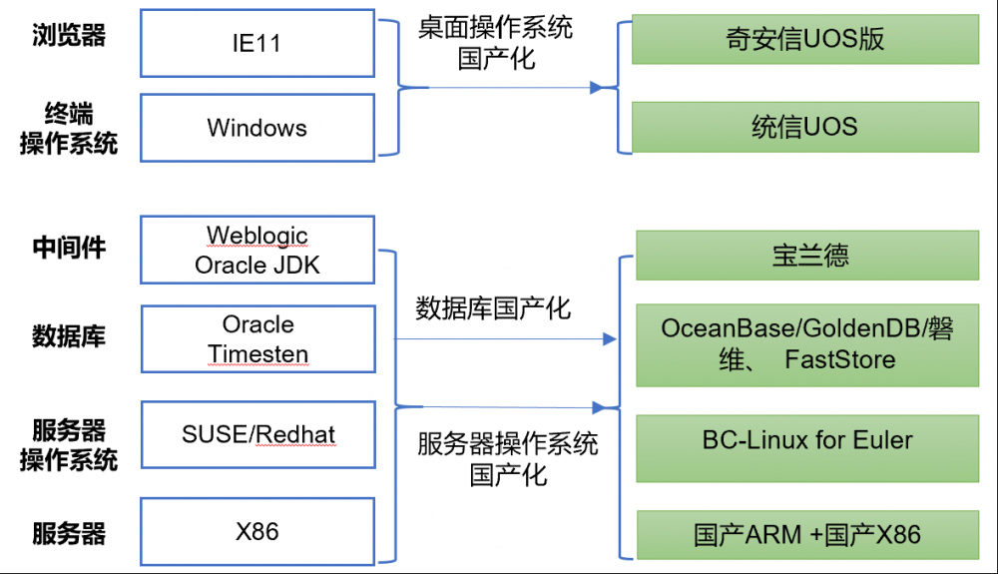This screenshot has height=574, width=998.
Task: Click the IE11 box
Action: click(257, 43)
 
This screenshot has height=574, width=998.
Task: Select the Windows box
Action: click(257, 128)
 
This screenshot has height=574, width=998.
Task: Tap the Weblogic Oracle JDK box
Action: click(257, 250)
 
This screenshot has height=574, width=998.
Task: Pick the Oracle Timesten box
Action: click(257, 338)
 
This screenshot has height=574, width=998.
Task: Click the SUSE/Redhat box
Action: click(257, 434)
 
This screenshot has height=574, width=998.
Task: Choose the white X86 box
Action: click(257, 531)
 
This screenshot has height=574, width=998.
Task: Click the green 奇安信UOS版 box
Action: click(805, 40)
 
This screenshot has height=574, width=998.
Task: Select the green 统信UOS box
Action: click(805, 127)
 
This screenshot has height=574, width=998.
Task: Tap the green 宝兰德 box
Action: click(807, 256)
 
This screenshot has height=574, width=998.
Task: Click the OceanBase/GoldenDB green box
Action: click(807, 345)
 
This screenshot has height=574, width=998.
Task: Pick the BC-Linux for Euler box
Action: click(807, 448)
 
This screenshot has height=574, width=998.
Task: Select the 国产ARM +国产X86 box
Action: click(807, 534)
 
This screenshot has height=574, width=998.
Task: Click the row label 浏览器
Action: click(69, 35)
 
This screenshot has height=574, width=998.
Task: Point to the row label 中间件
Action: click(69, 248)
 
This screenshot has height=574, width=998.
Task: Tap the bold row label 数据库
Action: click(69, 336)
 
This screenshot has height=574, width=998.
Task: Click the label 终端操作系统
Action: click(69, 129)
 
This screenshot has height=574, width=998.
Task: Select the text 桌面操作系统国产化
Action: click(496, 43)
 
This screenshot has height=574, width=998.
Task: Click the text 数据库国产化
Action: click(493, 308)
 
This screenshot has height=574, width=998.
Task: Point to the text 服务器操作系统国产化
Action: click(508, 459)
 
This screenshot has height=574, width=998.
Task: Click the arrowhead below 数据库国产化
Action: click(609, 339)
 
